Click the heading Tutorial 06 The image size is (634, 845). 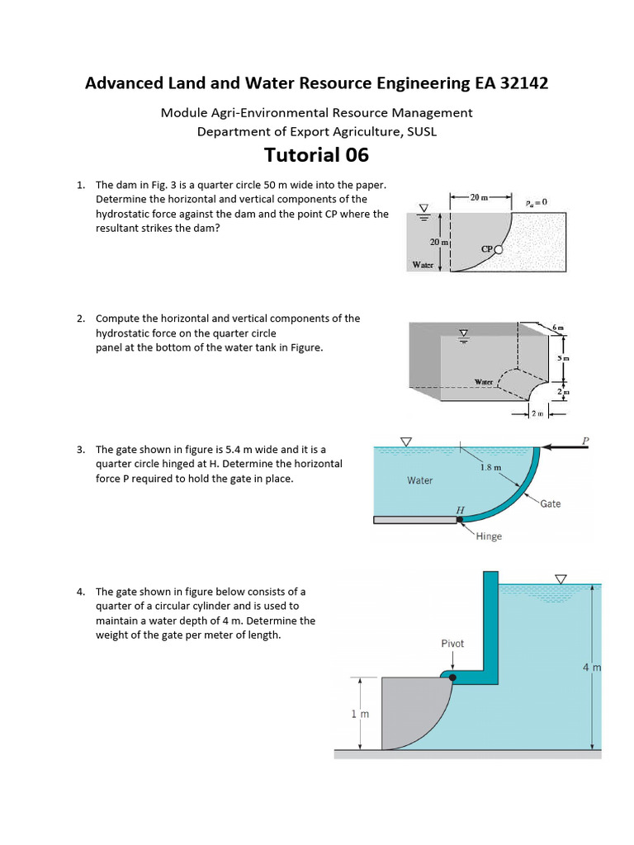(x=316, y=155)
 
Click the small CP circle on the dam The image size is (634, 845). (x=498, y=249)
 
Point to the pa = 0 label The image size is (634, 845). (x=536, y=201)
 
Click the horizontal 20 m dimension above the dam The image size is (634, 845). (x=480, y=198)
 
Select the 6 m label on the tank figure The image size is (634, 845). (x=560, y=328)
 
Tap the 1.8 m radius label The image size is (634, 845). (x=490, y=467)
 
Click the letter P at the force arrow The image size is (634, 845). (x=585, y=441)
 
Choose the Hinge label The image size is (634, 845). (x=489, y=536)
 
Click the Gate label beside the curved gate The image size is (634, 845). (x=550, y=503)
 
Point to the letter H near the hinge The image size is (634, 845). (x=460, y=510)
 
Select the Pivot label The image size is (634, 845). (x=452, y=643)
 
